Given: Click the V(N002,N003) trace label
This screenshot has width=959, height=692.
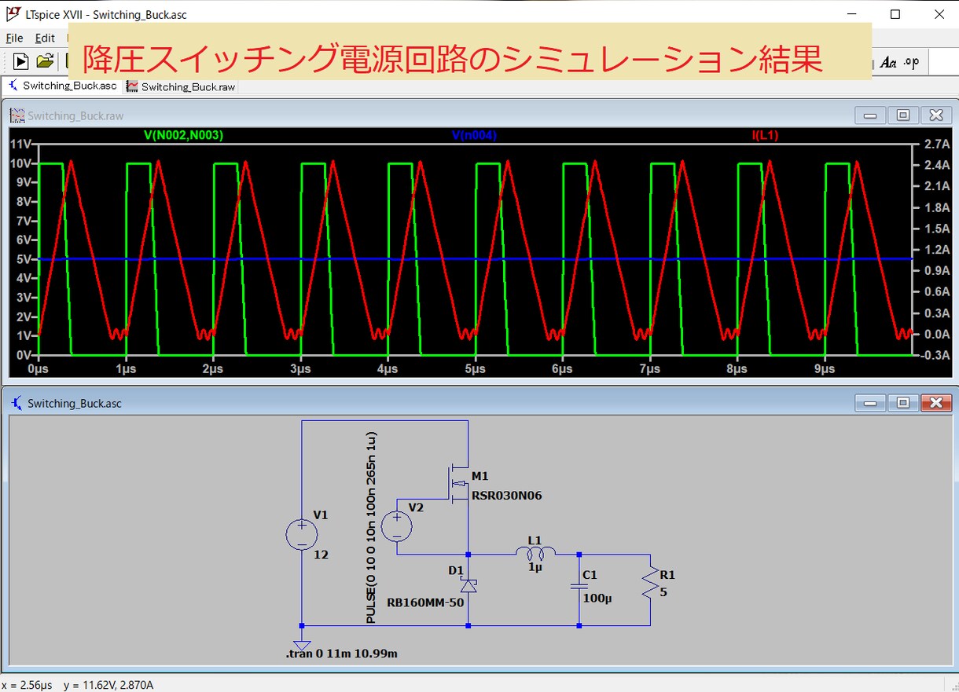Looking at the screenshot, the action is (x=183, y=135).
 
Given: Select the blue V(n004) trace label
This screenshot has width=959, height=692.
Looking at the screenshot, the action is (x=474, y=135).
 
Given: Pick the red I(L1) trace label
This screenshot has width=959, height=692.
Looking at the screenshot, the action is (x=765, y=135).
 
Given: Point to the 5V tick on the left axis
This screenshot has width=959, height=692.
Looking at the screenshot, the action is (x=24, y=259).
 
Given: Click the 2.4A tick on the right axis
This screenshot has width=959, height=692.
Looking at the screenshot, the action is (x=937, y=165).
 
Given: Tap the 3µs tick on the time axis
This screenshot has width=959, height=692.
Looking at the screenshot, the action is (x=300, y=368).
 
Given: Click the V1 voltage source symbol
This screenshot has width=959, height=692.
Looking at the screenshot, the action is (x=302, y=534).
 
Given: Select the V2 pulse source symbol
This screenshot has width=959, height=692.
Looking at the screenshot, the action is (x=397, y=526).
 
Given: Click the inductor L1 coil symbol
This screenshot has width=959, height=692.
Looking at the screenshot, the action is (x=535, y=554).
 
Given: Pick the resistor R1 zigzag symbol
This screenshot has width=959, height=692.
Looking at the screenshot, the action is (x=650, y=582).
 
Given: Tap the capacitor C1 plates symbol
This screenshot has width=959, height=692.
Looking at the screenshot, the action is (x=579, y=587).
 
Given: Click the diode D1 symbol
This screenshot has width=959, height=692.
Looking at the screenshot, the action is (x=468, y=585).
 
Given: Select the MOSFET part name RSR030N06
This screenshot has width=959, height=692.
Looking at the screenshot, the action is (x=506, y=496).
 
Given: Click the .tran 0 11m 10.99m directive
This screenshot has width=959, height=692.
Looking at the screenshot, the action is (x=342, y=654).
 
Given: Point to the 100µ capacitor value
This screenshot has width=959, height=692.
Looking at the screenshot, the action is (x=597, y=598).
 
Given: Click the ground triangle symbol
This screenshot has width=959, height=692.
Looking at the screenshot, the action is (x=302, y=646).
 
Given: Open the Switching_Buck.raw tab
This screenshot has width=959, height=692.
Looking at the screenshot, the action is (x=181, y=87).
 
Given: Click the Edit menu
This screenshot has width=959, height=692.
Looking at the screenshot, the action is (x=45, y=38).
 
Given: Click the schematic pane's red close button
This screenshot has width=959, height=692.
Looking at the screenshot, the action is (x=936, y=402).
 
